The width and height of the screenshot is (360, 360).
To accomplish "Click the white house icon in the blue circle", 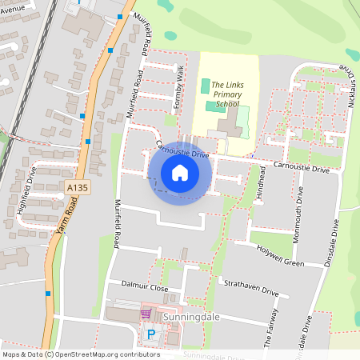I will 179,172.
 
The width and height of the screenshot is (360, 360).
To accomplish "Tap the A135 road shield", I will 76,187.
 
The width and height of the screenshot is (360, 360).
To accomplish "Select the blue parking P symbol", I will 150,334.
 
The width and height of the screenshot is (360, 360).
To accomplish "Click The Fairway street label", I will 272,327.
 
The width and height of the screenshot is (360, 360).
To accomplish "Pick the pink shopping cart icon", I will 146,314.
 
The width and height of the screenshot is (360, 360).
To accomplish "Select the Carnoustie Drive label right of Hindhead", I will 301,169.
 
